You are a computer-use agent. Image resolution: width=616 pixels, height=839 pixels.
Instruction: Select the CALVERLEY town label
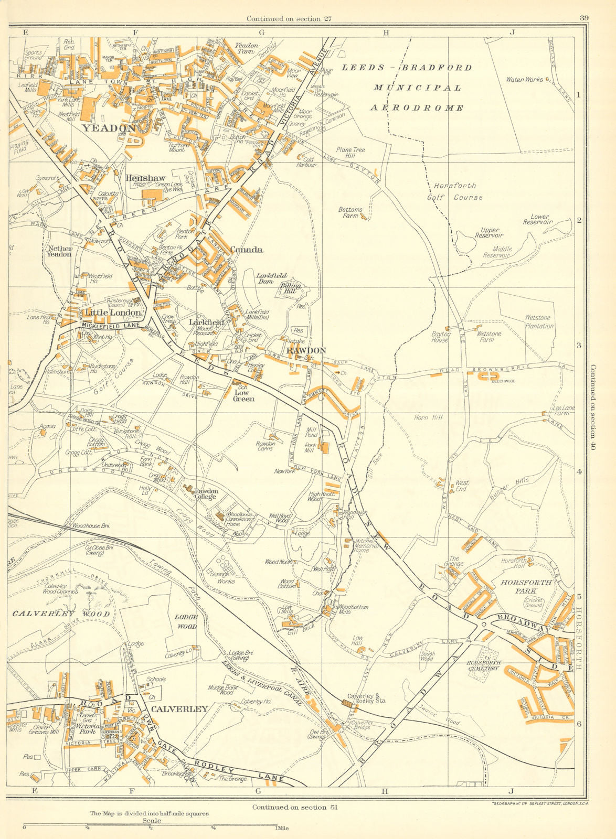pyautogui.click(x=179, y=709)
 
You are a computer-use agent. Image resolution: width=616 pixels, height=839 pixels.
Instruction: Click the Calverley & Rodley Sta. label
pyautogui.click(x=367, y=698)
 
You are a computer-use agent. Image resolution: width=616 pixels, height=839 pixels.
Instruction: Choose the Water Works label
pyautogui.click(x=525, y=80)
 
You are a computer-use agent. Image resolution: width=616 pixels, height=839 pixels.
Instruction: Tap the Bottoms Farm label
pyautogui.click(x=350, y=212)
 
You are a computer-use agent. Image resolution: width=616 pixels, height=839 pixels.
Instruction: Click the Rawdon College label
pyautogui.click(x=206, y=494)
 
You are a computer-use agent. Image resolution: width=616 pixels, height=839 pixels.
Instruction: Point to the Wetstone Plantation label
pyautogui.click(x=539, y=322)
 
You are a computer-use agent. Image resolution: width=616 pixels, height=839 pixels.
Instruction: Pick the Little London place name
pyautogui.click(x=113, y=312)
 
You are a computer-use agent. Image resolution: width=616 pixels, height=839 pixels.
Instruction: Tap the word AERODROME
pyautogui.click(x=417, y=108)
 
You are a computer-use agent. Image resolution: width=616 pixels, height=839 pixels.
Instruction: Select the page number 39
pyautogui.click(x=583, y=18)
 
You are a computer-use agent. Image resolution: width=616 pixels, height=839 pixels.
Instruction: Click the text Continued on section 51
pyautogui.click(x=294, y=807)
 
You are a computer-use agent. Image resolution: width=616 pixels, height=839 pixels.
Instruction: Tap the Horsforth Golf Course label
pyautogui.click(x=458, y=191)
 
